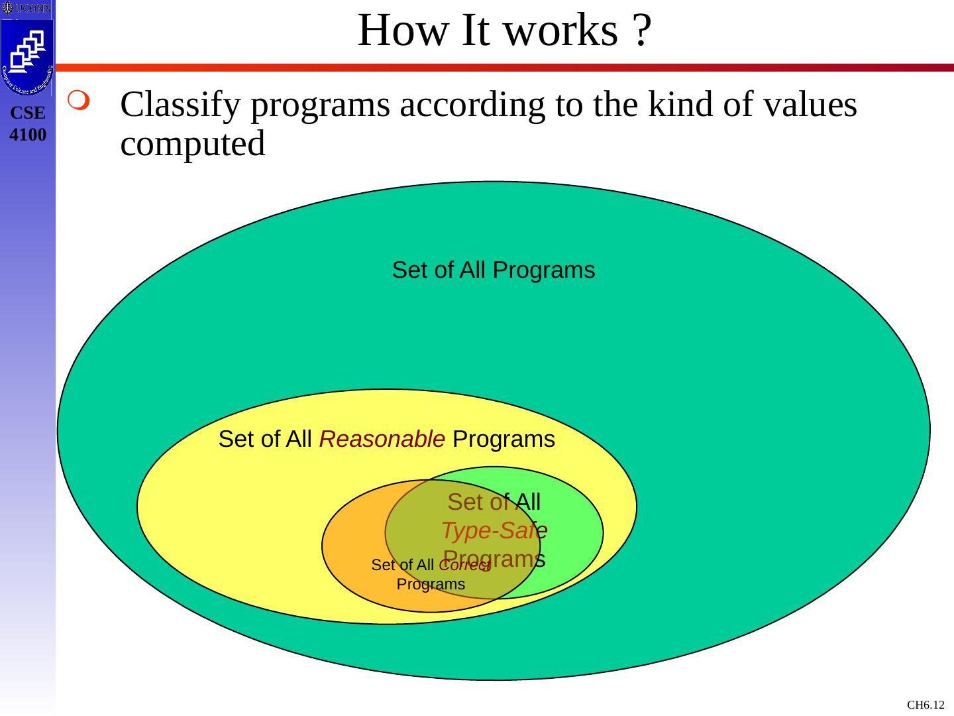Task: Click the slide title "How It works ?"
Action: pos(504,30)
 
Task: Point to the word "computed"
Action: pos(193,144)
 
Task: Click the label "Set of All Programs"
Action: pos(493,270)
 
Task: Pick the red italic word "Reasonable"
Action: pos(382,440)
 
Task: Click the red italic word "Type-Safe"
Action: pos(494,530)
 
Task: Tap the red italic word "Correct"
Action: pos(464,566)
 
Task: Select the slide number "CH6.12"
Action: pos(926,705)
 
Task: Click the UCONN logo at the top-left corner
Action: pos(26,8)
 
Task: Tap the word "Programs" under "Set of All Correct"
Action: pos(431,585)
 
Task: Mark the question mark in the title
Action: pos(640,30)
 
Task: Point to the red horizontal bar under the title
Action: pos(503,68)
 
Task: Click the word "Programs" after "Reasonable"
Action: pos(503,440)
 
